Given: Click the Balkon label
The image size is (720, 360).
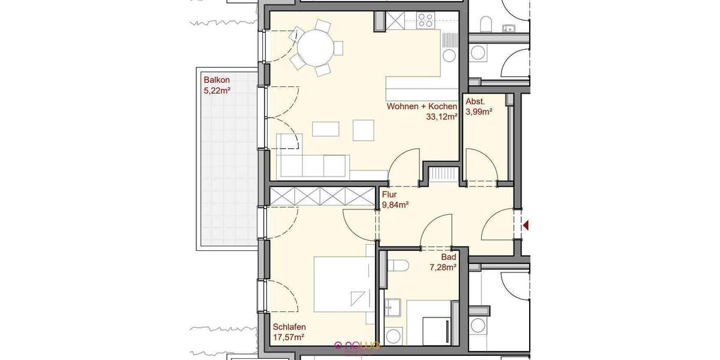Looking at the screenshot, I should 217,80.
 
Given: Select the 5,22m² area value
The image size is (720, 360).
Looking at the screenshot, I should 217,91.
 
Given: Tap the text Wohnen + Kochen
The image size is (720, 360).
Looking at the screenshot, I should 422,107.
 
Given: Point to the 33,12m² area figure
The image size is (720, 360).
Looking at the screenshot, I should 442,118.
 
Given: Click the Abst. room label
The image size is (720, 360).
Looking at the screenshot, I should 475,101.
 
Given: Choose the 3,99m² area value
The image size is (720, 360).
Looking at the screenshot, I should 479,112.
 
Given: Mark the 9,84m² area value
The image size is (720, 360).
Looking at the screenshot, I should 395,205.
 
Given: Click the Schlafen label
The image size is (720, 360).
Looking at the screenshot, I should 289,327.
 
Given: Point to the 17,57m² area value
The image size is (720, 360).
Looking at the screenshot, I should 289,338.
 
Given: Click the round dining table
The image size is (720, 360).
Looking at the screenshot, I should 316,48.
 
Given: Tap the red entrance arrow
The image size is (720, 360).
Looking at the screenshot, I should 526,226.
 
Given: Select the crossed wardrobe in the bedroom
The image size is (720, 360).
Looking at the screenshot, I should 322,195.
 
